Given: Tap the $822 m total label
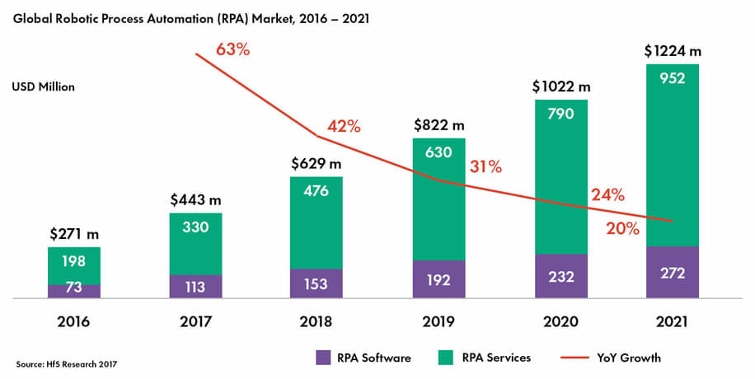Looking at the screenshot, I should tap(438, 125).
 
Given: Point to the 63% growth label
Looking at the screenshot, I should tap(232, 49).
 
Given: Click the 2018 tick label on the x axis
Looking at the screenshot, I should tap(317, 321).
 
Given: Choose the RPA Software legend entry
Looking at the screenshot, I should tap(363, 358).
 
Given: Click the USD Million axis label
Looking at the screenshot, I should tap(43, 87).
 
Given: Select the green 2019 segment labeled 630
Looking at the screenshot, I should tap(438, 199).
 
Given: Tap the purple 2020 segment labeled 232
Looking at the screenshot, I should tap(560, 276).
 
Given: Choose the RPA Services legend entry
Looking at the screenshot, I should tap(490, 358).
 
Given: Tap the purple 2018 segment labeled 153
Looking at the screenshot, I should tap(317, 283).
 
